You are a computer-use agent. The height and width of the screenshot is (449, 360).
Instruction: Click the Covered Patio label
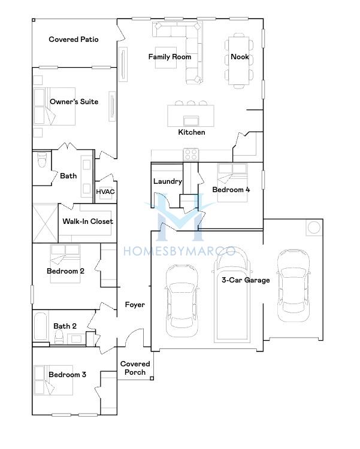pos(74,40)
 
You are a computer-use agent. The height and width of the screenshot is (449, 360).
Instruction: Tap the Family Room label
pos(170,57)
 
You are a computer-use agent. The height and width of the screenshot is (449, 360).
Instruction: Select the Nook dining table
pos(239,60)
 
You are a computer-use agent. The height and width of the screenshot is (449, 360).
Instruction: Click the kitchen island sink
pos(191,120)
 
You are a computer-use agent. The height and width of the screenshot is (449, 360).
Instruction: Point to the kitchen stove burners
pos(191,154)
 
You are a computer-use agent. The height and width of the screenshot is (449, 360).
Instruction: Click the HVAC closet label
pos(105,192)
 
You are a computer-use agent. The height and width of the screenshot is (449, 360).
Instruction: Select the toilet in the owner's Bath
pos(42,160)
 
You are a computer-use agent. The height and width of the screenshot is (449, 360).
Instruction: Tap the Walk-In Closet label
pos(87,222)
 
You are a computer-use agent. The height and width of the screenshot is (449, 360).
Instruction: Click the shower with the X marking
pos(46,223)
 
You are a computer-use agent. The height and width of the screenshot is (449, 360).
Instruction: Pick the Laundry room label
pos(167,181)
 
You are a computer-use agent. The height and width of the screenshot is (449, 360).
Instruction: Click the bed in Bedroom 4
pos(232,183)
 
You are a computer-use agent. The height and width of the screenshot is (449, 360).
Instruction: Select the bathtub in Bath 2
pos(40,326)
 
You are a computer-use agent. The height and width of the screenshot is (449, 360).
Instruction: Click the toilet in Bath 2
pos(59,336)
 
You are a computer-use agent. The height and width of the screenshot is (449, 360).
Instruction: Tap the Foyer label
pos(135,305)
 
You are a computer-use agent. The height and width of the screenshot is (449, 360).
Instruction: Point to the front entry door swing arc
pos(135,333)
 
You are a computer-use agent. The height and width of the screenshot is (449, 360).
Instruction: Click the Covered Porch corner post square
pos(152,378)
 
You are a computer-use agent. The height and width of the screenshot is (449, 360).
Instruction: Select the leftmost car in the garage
pos(182,301)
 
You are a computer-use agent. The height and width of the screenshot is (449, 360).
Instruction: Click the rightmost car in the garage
pos(294,286)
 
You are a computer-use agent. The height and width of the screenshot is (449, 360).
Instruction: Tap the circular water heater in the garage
pos(313,228)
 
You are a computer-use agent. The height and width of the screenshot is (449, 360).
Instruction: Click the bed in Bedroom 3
pos(53,380)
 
